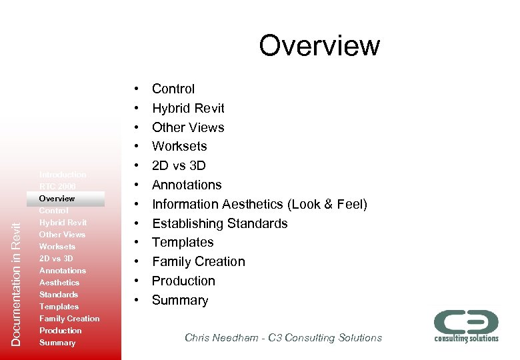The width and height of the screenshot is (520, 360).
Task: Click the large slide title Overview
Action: (319, 46)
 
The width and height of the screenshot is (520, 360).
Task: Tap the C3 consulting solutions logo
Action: (466, 325)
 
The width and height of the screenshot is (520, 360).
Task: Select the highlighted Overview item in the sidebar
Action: (57, 199)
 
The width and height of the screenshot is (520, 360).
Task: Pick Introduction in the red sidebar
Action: (63, 175)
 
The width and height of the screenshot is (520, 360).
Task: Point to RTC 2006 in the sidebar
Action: (57, 187)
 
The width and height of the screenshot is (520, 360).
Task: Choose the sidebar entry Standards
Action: (59, 295)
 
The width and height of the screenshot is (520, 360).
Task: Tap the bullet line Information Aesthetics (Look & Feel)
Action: (259, 204)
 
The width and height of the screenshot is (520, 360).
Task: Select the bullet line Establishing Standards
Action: (219, 223)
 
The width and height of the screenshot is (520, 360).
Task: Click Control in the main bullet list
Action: (173, 89)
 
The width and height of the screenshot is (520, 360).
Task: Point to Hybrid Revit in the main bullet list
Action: (188, 108)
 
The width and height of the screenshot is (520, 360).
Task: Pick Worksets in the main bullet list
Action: (179, 146)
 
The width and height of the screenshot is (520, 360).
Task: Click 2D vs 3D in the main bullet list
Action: (179, 165)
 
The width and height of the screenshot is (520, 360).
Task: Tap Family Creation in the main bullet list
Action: (198, 261)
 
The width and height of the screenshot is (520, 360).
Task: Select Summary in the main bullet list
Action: (180, 300)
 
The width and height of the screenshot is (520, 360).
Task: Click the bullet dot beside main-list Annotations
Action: (136, 185)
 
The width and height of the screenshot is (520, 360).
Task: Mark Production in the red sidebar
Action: (61, 331)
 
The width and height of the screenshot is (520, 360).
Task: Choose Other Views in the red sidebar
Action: (62, 235)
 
